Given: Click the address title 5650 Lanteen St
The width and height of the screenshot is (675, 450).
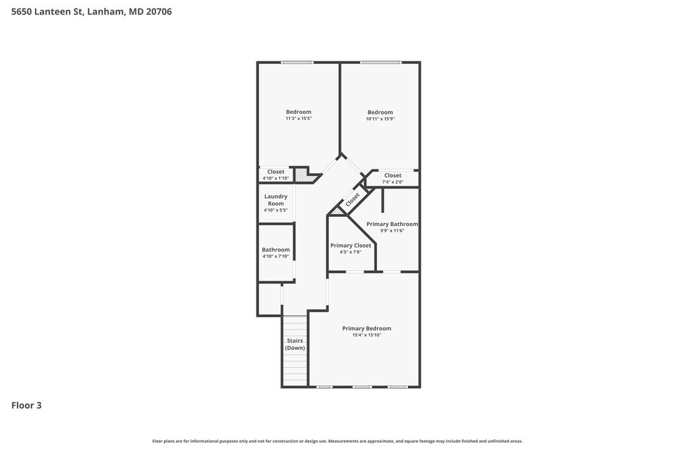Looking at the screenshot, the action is pos(91,12).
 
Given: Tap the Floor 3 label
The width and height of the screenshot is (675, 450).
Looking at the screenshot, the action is pos(26,405).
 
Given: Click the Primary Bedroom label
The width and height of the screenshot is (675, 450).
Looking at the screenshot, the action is pos(367,328).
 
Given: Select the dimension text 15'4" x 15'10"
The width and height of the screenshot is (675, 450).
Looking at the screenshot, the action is pos(367,335).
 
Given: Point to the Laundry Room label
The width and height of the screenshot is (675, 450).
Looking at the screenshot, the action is pos(276,200).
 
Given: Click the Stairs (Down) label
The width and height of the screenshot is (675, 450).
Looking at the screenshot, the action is pos(295,344).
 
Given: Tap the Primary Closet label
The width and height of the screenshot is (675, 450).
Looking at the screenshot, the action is pos(351,245).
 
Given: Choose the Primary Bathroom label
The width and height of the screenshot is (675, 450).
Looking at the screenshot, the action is pos(392,224).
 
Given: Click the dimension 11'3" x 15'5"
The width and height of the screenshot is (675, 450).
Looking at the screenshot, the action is pos(299,119).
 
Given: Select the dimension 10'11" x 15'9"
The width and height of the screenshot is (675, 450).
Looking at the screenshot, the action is pos(380,119).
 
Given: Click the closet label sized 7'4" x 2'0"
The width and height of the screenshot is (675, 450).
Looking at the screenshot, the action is pos(393,175).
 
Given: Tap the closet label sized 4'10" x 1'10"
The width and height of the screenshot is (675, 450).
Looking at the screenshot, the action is pos(276,172).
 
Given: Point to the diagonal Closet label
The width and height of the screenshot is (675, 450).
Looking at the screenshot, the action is pos(353,199).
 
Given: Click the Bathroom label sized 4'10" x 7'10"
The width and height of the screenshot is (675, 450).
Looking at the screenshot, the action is pos(276,250).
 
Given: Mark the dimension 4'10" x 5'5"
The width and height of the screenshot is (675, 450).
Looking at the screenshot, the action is pos(276,210).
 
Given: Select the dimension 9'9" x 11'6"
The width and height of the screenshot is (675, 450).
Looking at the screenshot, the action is pos(392,231).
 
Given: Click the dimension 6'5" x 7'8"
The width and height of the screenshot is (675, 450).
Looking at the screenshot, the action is pos(351,252).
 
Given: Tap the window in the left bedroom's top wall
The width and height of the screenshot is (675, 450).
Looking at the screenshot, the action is pos(297,63).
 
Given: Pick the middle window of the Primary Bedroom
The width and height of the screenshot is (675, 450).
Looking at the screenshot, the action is pos(362,387).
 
